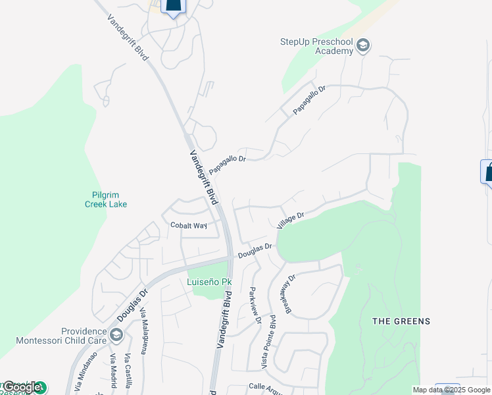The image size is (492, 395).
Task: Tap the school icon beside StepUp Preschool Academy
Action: tap(363, 46)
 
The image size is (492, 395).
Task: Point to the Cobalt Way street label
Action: tap(189, 225)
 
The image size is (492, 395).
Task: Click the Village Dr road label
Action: tap(290, 220)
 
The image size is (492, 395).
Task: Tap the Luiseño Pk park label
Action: tap(210, 282)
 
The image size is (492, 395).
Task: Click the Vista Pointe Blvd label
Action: tap(268, 340)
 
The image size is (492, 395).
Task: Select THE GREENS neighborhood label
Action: tap(401, 321)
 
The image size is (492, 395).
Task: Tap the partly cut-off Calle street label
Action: tap(265, 388)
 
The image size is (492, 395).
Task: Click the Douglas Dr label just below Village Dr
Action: tap(255, 251)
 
